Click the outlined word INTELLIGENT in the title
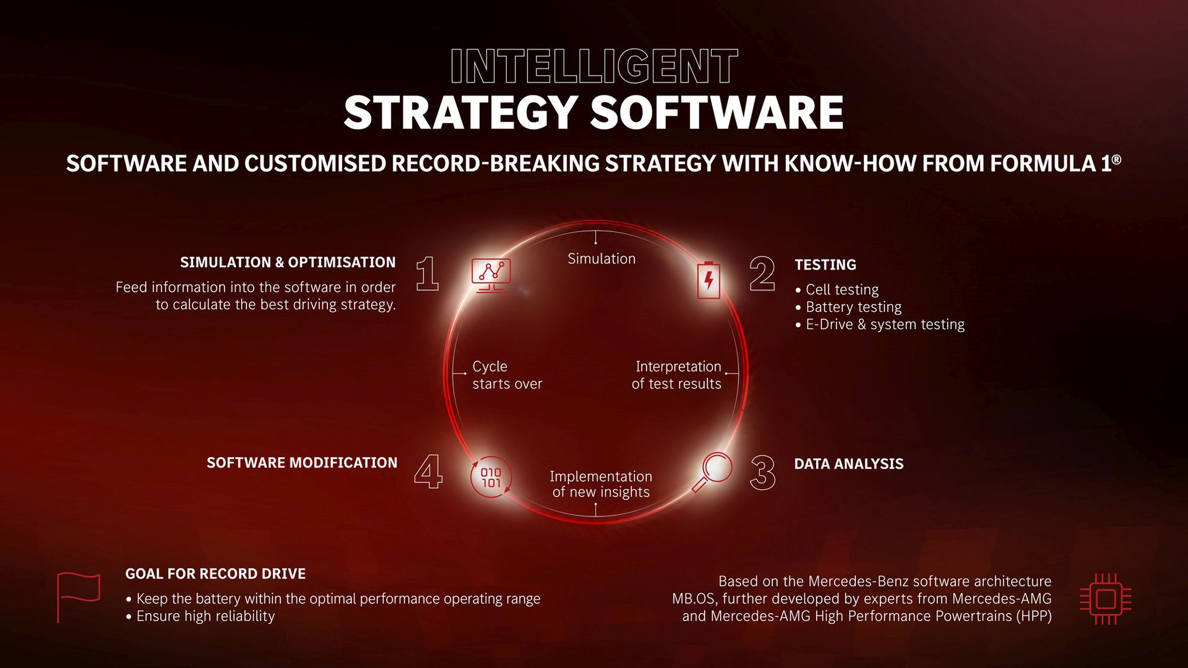pos(594,67)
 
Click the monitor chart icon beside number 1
pos(491,276)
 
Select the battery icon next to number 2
pos(708,280)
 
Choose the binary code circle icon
pos(491,477)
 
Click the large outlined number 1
pos(428,274)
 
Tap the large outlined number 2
pos(762,274)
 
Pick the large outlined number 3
pos(763,473)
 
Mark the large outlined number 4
pos(428,471)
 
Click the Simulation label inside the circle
pos(601,259)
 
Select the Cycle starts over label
pos(507,375)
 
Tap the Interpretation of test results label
pos(677,375)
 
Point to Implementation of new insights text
pos(601,484)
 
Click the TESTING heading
pos(826,265)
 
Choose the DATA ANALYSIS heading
pos(849,464)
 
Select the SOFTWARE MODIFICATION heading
pos(302,463)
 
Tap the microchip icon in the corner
pos(1105,599)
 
